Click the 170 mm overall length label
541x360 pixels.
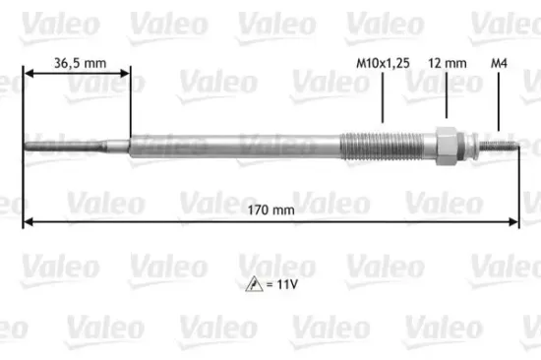click(270, 209)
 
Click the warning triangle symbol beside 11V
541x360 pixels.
click(256, 285)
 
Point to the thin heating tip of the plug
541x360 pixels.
click(74, 149)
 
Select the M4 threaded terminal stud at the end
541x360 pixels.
click(502, 149)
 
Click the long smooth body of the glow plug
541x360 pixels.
click(236, 148)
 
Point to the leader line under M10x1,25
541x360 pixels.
click(382, 98)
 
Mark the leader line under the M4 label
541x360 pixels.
click(501, 103)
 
